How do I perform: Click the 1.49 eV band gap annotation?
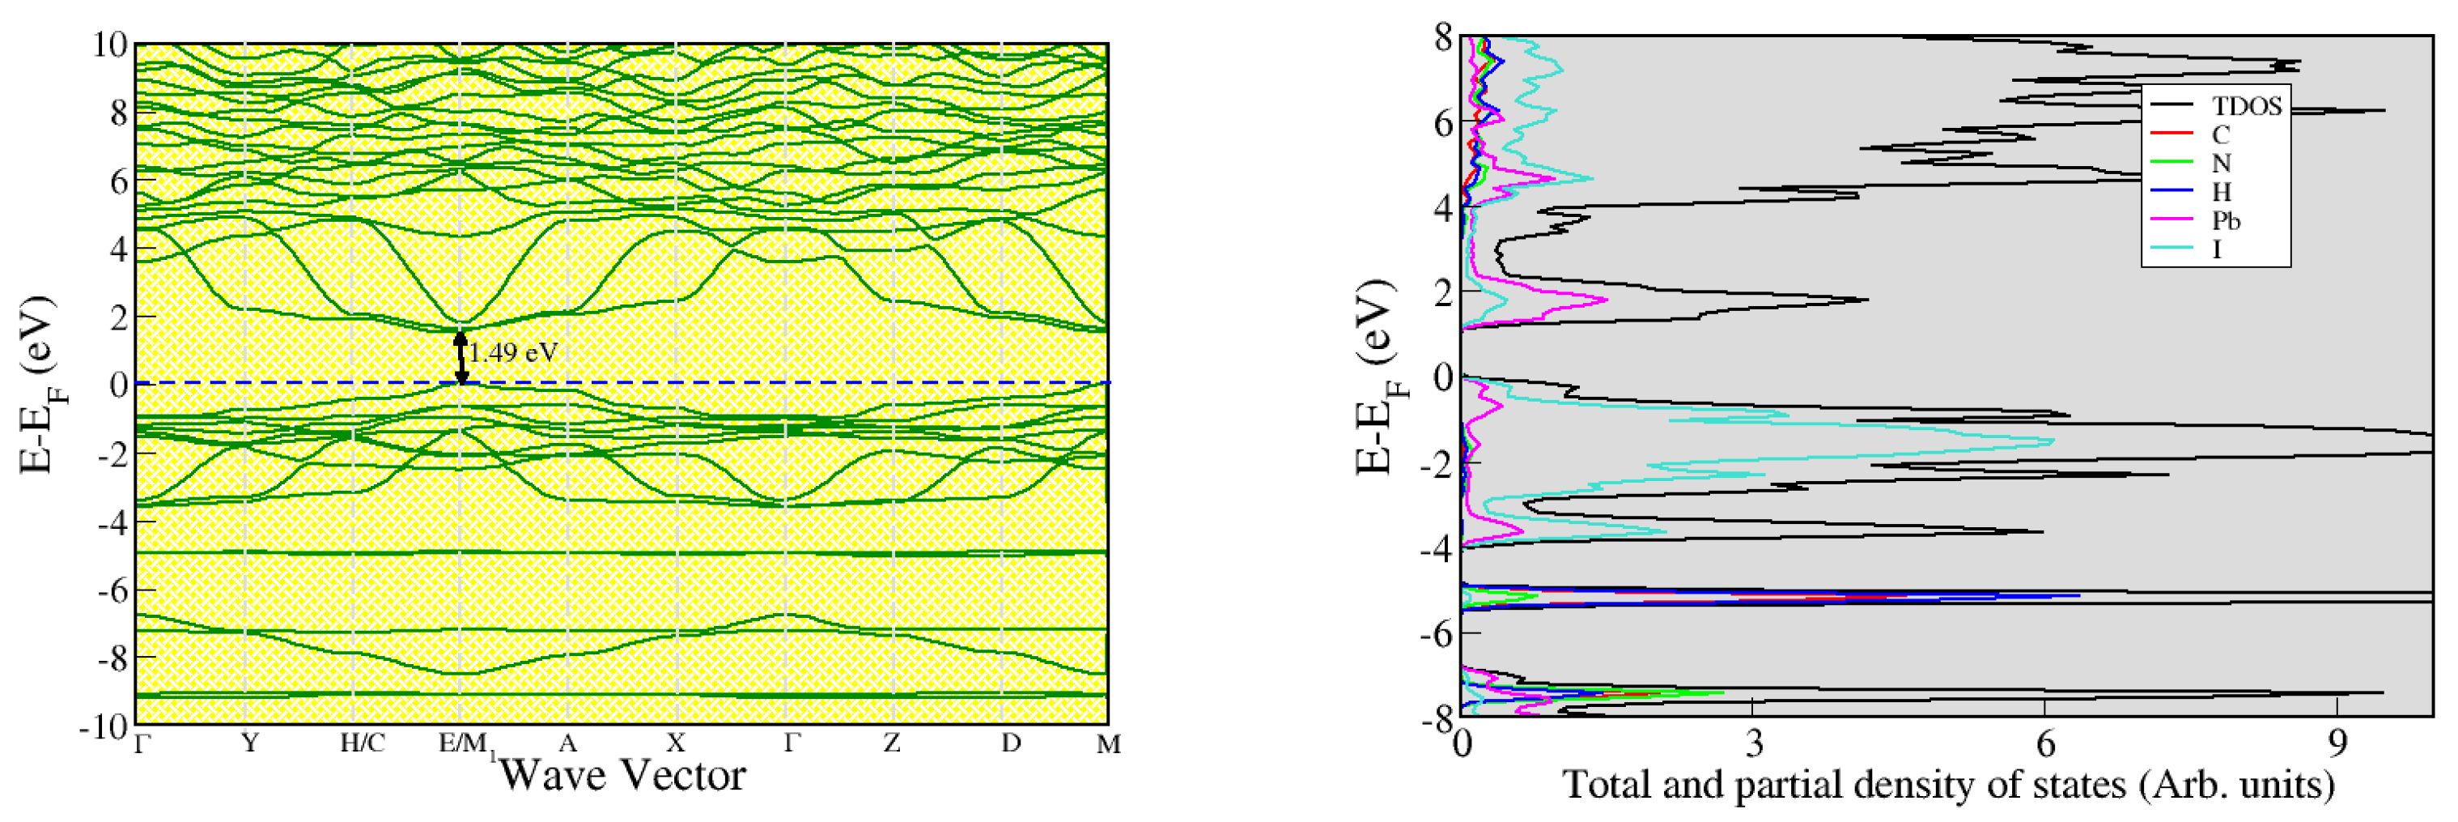click(x=512, y=353)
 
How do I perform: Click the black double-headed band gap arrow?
click(x=461, y=358)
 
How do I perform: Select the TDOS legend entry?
click(x=2246, y=106)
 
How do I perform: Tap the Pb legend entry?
click(x=2227, y=220)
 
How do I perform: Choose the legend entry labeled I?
click(x=2217, y=249)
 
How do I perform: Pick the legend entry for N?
click(x=2220, y=164)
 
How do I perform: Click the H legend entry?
click(x=2220, y=192)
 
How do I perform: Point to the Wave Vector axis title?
click(x=622, y=775)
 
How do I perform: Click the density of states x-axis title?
click(x=1947, y=786)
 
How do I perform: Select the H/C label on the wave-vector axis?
click(x=363, y=743)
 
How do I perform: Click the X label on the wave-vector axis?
click(x=676, y=743)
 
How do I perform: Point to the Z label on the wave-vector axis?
click(x=891, y=743)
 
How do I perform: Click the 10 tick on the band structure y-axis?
click(x=110, y=45)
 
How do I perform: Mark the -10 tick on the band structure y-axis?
click(x=104, y=726)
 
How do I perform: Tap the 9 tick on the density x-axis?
click(x=2337, y=743)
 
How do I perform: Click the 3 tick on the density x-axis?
click(x=1753, y=743)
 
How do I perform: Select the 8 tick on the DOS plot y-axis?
click(x=1441, y=39)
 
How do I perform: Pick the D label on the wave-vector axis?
click(x=1012, y=743)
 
